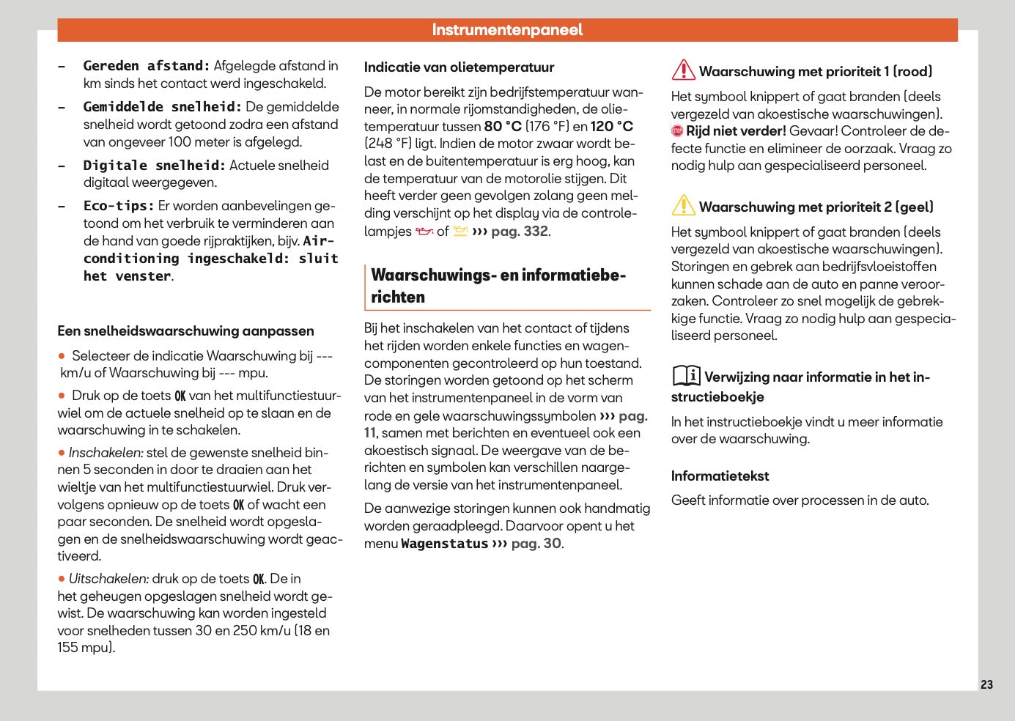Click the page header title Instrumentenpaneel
pyautogui.click(x=507, y=30)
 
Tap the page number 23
pyautogui.click(x=986, y=684)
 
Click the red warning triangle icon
pyautogui.click(x=683, y=70)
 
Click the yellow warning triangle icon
pyautogui.click(x=683, y=205)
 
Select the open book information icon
pyautogui.click(x=686, y=375)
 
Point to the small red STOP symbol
pyautogui.click(x=677, y=131)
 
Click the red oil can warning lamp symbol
pyautogui.click(x=424, y=232)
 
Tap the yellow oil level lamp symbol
pyautogui.click(x=460, y=232)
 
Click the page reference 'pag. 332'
pyautogui.click(x=520, y=232)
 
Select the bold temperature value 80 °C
pyautogui.click(x=503, y=126)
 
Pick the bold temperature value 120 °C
pyautogui.click(x=612, y=126)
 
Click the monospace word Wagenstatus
pyautogui.click(x=444, y=544)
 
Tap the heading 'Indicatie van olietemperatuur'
pyautogui.click(x=459, y=67)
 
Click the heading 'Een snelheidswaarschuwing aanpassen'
pyautogui.click(x=185, y=331)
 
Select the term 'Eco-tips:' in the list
pyautogui.click(x=119, y=206)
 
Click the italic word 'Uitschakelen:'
pyautogui.click(x=108, y=579)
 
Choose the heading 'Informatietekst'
pyautogui.click(x=720, y=476)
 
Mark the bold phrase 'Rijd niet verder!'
pyautogui.click(x=736, y=131)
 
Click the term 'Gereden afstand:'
pyautogui.click(x=147, y=66)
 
